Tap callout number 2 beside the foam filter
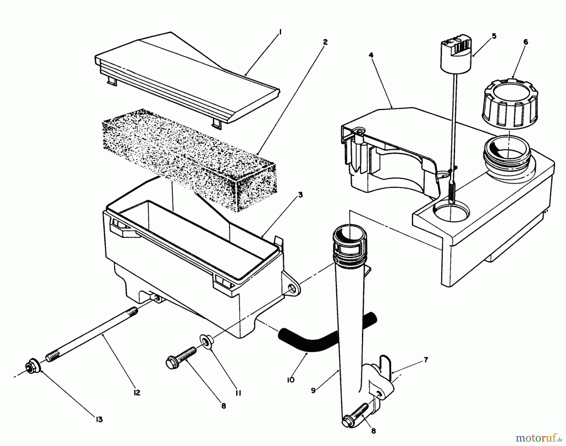pyautogui.click(x=325, y=42)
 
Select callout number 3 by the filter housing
pyautogui.click(x=300, y=195)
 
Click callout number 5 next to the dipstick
pyautogui.click(x=494, y=36)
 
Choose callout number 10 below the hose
pyautogui.click(x=291, y=380)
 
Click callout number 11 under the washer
pyautogui.click(x=238, y=393)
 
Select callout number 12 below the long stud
pyautogui.click(x=137, y=393)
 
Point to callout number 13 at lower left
pyautogui.click(x=99, y=419)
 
